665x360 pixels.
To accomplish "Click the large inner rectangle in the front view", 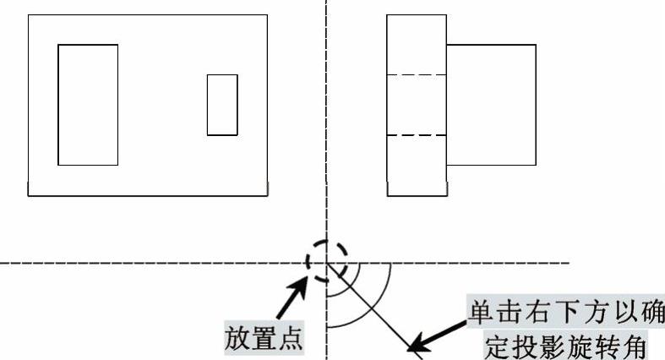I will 88,105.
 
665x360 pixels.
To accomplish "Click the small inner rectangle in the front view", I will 222,105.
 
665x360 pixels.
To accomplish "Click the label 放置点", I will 263,339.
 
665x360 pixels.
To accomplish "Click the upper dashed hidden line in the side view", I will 417,75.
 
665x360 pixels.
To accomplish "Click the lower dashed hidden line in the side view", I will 417,135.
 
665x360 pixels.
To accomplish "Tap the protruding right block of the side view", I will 491,105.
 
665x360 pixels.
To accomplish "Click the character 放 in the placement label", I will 237,339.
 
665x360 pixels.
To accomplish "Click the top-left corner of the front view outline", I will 29,14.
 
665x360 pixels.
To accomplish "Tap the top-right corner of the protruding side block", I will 536,45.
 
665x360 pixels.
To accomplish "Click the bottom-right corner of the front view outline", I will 267,196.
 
